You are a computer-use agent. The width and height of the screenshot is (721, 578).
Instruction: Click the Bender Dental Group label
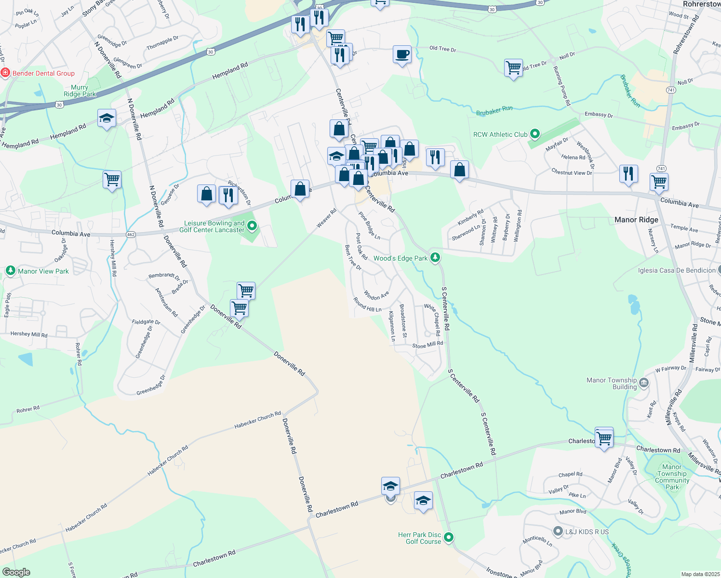[x=43, y=74]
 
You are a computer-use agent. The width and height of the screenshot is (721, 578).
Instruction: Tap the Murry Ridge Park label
[x=80, y=91]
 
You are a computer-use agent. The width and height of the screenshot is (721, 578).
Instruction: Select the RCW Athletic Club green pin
[x=534, y=134]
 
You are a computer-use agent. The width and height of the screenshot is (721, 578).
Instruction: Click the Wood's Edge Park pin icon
[x=435, y=258]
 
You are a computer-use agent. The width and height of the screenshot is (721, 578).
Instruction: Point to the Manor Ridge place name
[x=636, y=220]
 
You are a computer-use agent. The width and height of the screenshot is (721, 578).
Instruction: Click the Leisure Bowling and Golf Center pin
[x=252, y=225]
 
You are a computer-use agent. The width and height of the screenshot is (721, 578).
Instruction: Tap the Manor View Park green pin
[x=11, y=271]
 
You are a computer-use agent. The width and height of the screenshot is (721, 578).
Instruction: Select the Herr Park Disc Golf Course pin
[x=449, y=537]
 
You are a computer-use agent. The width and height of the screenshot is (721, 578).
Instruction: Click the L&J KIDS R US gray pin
[x=558, y=531]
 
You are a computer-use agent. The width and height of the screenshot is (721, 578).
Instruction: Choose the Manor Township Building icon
[x=644, y=383]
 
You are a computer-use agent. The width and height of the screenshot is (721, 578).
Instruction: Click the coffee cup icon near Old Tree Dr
[x=402, y=54]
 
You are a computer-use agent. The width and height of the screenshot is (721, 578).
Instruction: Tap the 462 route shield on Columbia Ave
[x=131, y=235]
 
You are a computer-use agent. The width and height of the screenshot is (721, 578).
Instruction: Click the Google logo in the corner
[x=16, y=572]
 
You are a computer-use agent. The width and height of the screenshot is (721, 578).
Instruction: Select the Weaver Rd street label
[x=326, y=218]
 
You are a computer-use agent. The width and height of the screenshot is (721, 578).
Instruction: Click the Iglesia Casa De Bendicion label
[x=677, y=270]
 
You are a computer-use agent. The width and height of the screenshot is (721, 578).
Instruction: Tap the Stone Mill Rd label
[x=427, y=345]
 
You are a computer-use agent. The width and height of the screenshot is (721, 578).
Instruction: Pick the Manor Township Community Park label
[x=672, y=477]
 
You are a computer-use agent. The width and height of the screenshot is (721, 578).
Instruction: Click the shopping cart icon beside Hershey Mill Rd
[x=112, y=180]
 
